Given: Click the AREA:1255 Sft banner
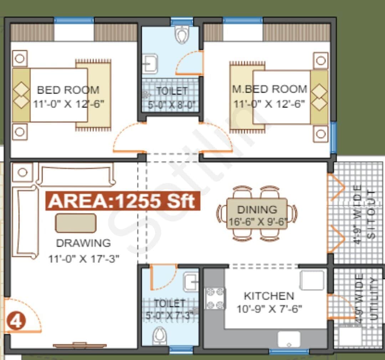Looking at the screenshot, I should pyautogui.click(x=122, y=201).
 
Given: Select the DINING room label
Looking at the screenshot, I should pyautogui.click(x=257, y=209).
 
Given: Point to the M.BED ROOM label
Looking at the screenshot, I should pyautogui.click(x=269, y=89).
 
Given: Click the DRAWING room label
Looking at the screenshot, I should pyautogui.click(x=83, y=243).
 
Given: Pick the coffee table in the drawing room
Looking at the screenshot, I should pyautogui.click(x=76, y=223).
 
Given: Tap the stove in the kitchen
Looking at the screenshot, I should pyautogui.click(x=215, y=298).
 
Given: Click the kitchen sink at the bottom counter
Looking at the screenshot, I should pyautogui.click(x=289, y=339).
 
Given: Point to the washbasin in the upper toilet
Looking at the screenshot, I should pyautogui.click(x=150, y=64).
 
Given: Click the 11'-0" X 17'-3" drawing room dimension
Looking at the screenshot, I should pyautogui.click(x=83, y=258).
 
